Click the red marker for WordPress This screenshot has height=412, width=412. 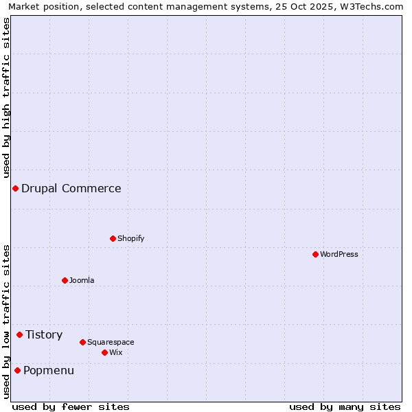tap(315, 254)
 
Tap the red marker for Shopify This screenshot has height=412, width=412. tap(113, 238)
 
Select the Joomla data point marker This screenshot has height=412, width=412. tap(65, 280)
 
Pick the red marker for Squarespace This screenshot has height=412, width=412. tap(82, 342)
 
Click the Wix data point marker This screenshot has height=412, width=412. tap(104, 352)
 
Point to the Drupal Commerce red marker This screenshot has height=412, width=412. tap(15, 188)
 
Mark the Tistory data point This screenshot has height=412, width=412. tap(19, 334)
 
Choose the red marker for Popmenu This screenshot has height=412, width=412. tap(17, 371)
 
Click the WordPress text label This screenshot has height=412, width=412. tap(339, 254)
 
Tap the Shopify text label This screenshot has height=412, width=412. tap(130, 238)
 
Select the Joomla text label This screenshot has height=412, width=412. tap(82, 280)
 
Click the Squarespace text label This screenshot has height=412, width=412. tap(111, 342)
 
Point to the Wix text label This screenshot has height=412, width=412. tap(115, 352)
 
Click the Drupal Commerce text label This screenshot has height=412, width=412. tap(71, 188)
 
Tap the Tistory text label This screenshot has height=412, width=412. tap(44, 334)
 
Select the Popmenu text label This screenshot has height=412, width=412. tap(49, 371)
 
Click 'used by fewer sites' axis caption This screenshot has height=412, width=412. tap(71, 407)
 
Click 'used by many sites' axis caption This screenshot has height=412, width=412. tap(345, 407)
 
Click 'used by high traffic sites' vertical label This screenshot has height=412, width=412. tap(6, 98)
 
